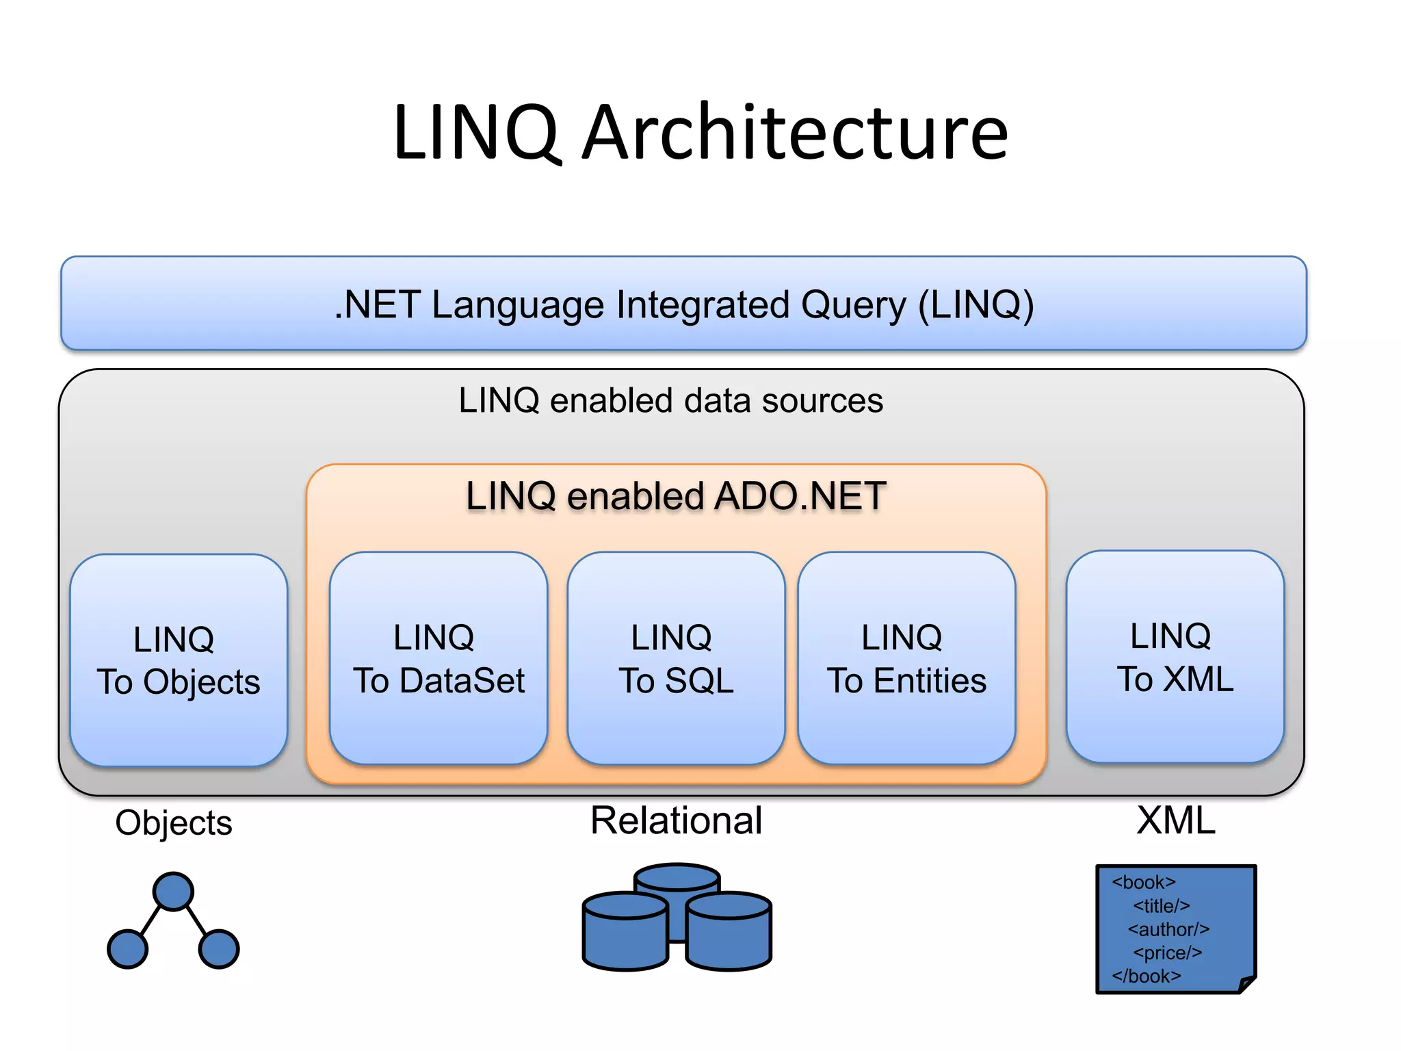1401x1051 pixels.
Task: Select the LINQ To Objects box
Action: pos(179,660)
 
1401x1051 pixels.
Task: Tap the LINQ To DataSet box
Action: pos(438,658)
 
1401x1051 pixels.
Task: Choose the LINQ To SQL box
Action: pos(676,658)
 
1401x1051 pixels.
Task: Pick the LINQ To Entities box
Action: pos(906,658)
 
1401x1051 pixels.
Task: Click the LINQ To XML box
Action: pos(1175,657)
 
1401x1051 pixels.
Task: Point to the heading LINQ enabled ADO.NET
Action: pos(676,496)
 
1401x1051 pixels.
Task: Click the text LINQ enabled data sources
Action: pos(670,400)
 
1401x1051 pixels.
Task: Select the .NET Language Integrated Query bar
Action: pos(684,304)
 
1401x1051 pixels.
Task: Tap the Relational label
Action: pos(676,820)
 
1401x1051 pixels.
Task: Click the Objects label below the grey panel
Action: pos(174,823)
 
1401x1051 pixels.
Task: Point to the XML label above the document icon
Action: pos(1175,820)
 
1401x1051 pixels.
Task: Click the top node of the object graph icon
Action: pos(173,892)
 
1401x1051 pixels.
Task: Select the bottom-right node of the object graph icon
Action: pos(219,949)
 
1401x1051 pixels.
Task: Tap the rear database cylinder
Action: pos(677,879)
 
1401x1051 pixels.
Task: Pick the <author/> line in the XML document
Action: pos(1168,929)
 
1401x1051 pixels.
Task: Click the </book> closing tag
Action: pos(1147,976)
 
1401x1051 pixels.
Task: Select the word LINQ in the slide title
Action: pos(476,133)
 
